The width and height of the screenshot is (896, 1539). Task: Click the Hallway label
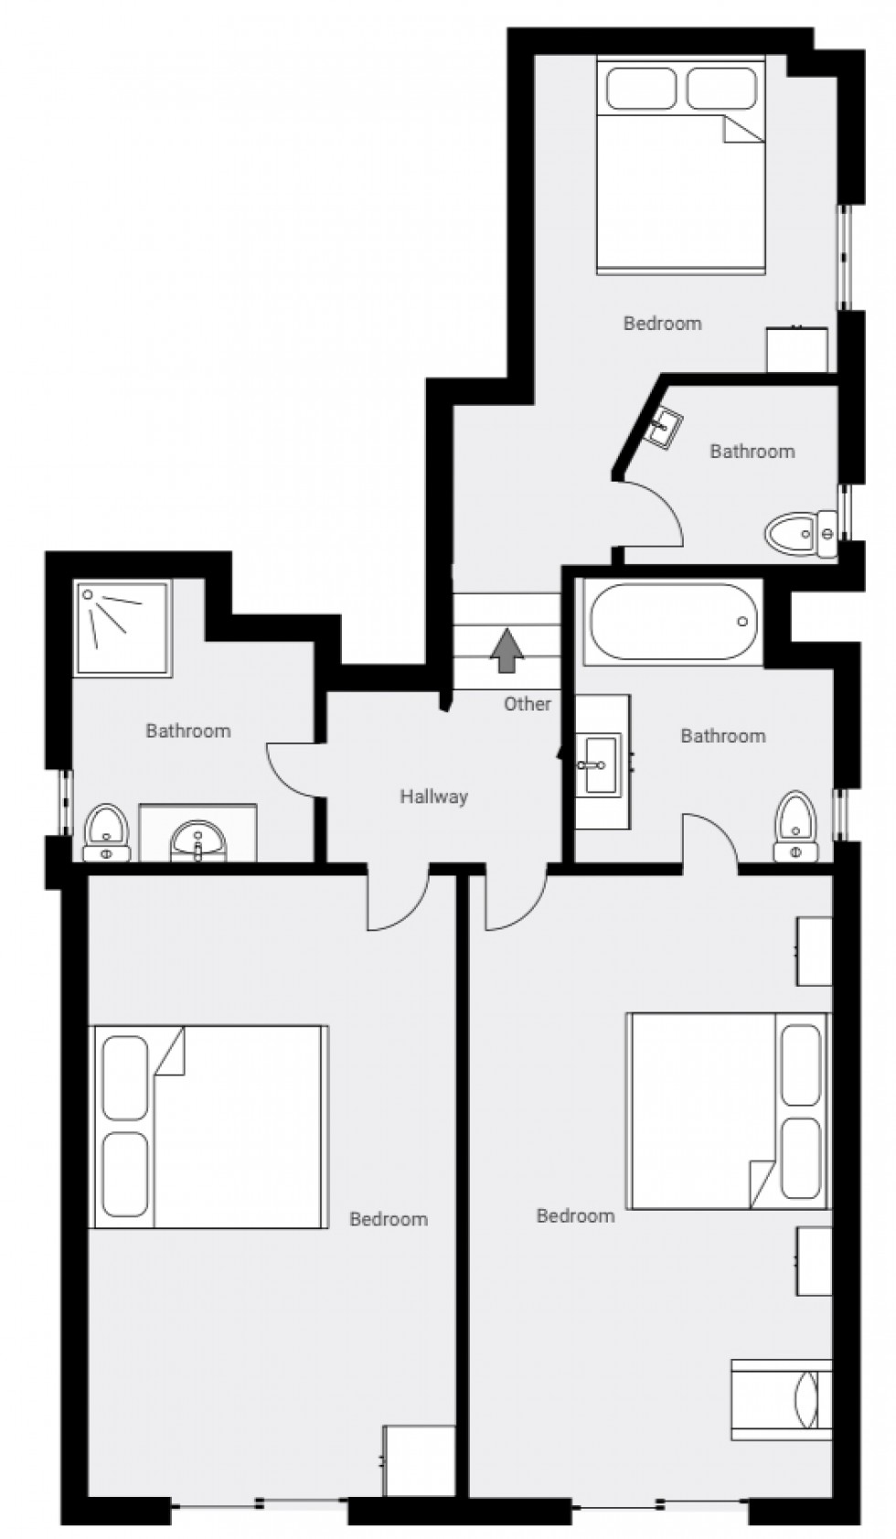tap(433, 796)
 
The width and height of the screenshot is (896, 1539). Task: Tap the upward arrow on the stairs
tap(507, 650)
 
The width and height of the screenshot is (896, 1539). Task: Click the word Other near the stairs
tap(528, 703)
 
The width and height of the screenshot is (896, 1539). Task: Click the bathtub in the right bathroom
tap(674, 623)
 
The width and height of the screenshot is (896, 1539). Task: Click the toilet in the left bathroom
tap(106, 832)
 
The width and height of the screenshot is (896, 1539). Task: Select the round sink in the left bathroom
tap(197, 839)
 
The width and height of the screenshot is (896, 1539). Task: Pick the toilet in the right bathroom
tap(795, 827)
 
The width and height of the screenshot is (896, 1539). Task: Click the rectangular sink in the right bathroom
tap(601, 763)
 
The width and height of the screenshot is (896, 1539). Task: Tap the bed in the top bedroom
tap(680, 166)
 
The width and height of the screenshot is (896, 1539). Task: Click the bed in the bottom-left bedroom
tap(208, 1126)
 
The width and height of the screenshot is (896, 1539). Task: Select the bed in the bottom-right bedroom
tap(728, 1110)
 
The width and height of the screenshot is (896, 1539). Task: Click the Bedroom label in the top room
tap(662, 323)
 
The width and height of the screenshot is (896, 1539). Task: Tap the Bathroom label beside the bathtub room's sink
tap(722, 736)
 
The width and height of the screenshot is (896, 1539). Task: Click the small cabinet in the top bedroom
tap(796, 349)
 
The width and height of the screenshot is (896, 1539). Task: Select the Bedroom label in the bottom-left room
tap(389, 1219)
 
